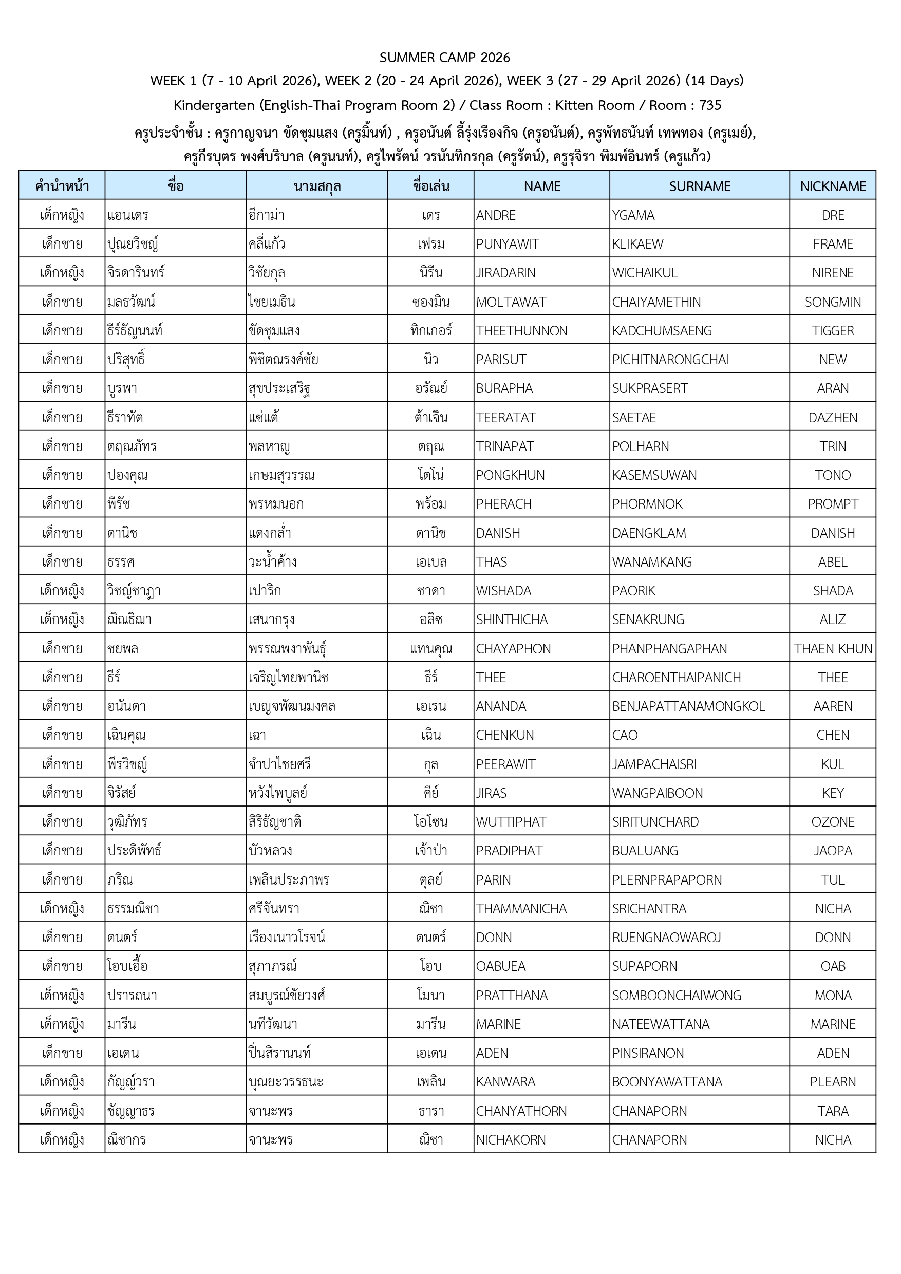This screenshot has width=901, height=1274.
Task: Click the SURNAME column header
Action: (699, 186)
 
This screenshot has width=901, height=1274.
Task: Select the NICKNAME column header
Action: (832, 186)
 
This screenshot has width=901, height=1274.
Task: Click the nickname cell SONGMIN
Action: (832, 302)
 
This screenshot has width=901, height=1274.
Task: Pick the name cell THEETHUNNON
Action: (521, 331)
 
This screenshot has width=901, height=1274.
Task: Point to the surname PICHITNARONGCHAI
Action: (670, 360)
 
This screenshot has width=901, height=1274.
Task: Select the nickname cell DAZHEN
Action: (832, 417)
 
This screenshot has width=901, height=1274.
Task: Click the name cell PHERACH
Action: (503, 504)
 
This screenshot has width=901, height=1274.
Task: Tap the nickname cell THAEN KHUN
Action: (832, 649)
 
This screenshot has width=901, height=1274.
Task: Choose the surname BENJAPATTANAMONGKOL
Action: (688, 706)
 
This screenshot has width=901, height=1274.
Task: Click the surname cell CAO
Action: (625, 735)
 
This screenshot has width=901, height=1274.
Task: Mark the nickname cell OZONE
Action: (832, 822)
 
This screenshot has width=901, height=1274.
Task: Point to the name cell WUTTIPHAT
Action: (511, 822)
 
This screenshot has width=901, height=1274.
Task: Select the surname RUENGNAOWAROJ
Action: (666, 937)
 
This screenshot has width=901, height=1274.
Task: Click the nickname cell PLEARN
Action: (832, 1081)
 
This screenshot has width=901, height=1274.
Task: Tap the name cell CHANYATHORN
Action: (521, 1111)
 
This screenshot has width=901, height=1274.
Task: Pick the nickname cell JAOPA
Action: (832, 851)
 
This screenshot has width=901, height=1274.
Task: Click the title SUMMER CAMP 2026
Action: (444, 57)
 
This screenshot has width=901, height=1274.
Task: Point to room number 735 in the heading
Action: (709, 105)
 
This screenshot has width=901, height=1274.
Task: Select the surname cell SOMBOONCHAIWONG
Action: (677, 995)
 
